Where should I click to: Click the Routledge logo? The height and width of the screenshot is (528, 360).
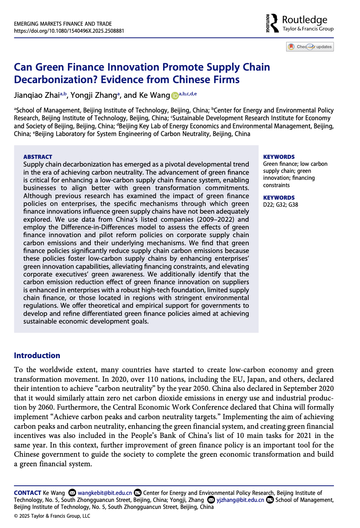coord(299,23)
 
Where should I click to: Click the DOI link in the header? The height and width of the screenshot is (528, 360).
coord(69,31)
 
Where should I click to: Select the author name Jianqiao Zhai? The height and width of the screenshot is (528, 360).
coord(37,95)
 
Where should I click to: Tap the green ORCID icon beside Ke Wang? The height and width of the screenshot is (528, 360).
coord(175,96)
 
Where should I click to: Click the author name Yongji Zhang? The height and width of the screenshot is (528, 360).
coord(93,95)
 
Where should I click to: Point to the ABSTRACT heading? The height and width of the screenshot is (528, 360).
coord(37,157)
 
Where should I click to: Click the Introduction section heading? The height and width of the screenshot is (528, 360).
coord(37,355)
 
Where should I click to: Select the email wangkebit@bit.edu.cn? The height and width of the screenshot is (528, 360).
coord(105,493)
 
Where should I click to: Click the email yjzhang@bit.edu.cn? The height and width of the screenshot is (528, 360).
coord(240,500)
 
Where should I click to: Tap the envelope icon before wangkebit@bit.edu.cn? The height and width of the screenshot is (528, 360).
coord(72,493)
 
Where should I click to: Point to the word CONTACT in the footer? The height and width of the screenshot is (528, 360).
coord(28,493)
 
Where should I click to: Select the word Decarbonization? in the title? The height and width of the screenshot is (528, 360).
coord(56,79)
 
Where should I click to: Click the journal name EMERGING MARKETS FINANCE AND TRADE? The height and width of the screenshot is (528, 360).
coord(63,24)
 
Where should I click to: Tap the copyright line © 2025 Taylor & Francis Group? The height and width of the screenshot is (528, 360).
coord(52,516)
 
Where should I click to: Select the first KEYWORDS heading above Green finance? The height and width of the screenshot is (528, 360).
coord(279,157)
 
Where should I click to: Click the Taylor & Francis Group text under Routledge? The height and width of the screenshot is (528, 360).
coord(308,29)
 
